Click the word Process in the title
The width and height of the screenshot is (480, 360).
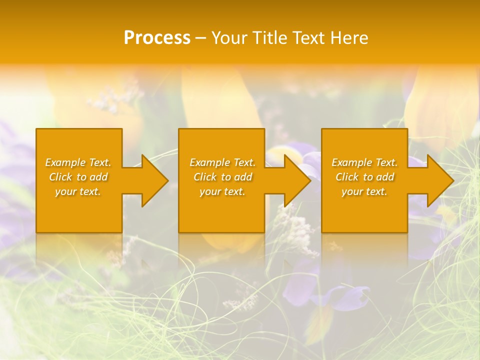(x=157, y=38)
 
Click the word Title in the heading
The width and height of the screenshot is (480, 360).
(x=270, y=38)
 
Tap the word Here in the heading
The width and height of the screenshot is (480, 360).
(x=348, y=38)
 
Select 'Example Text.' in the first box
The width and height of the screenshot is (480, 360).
(x=78, y=162)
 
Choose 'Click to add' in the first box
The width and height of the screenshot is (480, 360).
(x=78, y=177)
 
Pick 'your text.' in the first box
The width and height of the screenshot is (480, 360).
(x=78, y=191)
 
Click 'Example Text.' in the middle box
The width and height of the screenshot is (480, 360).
(x=222, y=162)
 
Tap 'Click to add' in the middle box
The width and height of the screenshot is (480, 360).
(x=222, y=177)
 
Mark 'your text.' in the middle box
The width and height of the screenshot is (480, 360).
(x=222, y=191)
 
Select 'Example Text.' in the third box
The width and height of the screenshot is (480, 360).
(x=364, y=162)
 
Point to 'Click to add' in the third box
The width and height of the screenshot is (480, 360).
(x=364, y=177)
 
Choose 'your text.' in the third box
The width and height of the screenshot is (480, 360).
(x=364, y=191)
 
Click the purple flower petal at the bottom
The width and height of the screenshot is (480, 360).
(x=345, y=297)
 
